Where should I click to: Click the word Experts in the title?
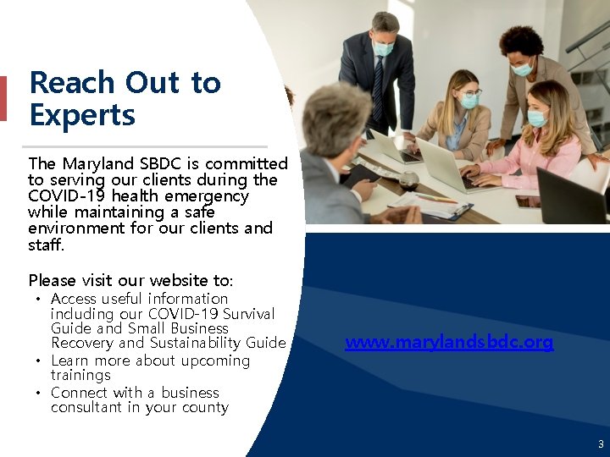82,114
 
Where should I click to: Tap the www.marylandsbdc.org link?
449,342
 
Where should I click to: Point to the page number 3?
601,444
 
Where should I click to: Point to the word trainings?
80,375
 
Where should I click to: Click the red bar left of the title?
3,98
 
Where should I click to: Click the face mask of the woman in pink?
536,118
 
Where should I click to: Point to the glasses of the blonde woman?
469,92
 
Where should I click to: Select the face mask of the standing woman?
523,69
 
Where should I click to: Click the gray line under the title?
147,146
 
